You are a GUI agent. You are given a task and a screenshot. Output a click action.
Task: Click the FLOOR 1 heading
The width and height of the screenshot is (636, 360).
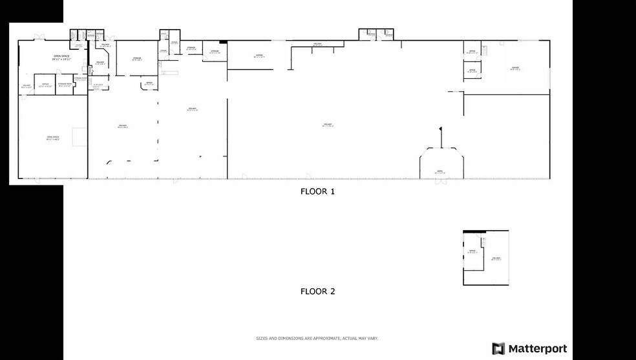[x=317, y=191]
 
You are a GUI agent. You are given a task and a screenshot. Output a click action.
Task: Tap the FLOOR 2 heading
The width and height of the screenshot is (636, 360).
[x=317, y=291]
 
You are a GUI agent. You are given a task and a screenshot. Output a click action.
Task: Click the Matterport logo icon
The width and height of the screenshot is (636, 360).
[x=498, y=349]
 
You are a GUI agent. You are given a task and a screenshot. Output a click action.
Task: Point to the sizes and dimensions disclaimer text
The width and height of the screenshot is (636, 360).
[x=317, y=338]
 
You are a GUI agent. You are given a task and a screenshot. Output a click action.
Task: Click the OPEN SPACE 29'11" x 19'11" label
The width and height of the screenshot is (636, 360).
[x=61, y=58]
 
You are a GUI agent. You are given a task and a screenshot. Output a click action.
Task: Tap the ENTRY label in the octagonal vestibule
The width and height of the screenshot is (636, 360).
[x=439, y=172]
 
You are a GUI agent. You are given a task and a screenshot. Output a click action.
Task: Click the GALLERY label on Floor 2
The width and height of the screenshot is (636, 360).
[x=496, y=259]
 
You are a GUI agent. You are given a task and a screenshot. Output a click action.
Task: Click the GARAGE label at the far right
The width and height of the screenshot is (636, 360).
[x=515, y=69]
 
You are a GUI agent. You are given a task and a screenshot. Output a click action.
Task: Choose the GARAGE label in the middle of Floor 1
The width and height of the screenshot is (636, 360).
[x=259, y=56]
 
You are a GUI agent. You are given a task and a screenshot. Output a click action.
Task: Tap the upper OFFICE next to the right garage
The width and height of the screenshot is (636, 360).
[x=472, y=51]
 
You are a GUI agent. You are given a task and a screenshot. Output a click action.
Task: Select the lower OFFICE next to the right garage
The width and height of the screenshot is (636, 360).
[x=472, y=70]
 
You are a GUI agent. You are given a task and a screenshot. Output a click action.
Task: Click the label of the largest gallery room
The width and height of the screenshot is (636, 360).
[x=328, y=125]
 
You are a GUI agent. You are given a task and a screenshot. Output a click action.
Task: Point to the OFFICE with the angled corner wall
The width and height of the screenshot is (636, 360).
[x=149, y=83]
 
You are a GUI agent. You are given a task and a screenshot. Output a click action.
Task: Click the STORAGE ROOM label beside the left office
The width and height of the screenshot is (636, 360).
[x=64, y=85]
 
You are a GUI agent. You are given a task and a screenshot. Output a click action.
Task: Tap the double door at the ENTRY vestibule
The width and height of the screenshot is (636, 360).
[x=441, y=181]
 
